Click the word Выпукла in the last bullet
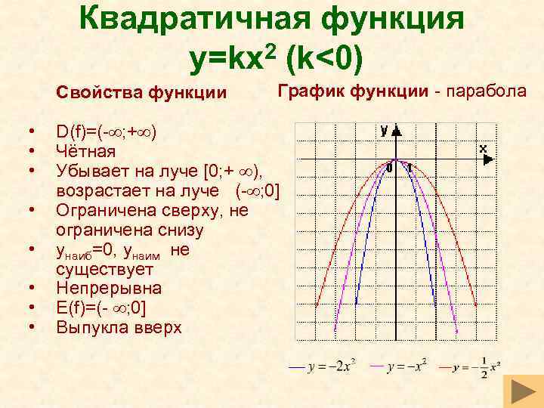(x=90, y=327)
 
